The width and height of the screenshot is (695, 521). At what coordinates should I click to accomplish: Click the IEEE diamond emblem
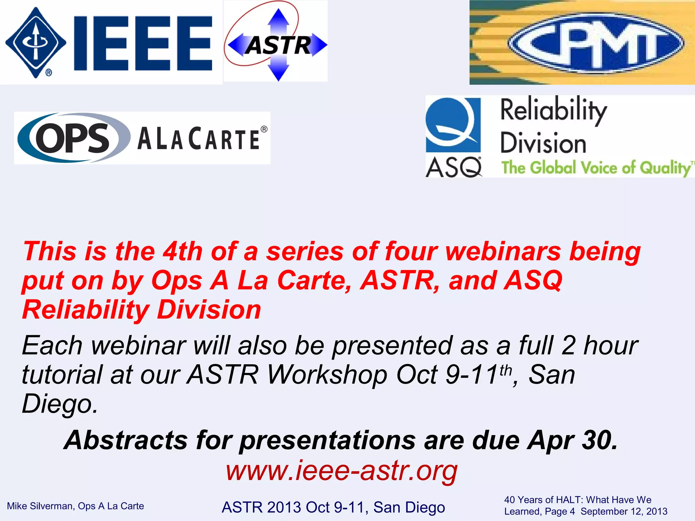pyautogui.click(x=36, y=43)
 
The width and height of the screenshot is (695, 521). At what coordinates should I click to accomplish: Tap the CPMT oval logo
pyautogui.click(x=596, y=43)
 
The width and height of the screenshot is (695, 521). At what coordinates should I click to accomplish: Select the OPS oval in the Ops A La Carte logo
pyautogui.click(x=73, y=138)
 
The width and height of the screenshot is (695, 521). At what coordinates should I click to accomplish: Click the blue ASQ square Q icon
pyautogui.click(x=453, y=124)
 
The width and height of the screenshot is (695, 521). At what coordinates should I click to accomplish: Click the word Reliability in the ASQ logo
pyautogui.click(x=553, y=110)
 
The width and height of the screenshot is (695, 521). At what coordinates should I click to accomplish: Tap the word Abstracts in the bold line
pyautogui.click(x=126, y=440)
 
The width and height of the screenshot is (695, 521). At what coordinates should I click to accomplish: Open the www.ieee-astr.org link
pyautogui.click(x=341, y=471)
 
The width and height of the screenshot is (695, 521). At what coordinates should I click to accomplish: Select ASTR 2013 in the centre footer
pyautogui.click(x=261, y=507)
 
